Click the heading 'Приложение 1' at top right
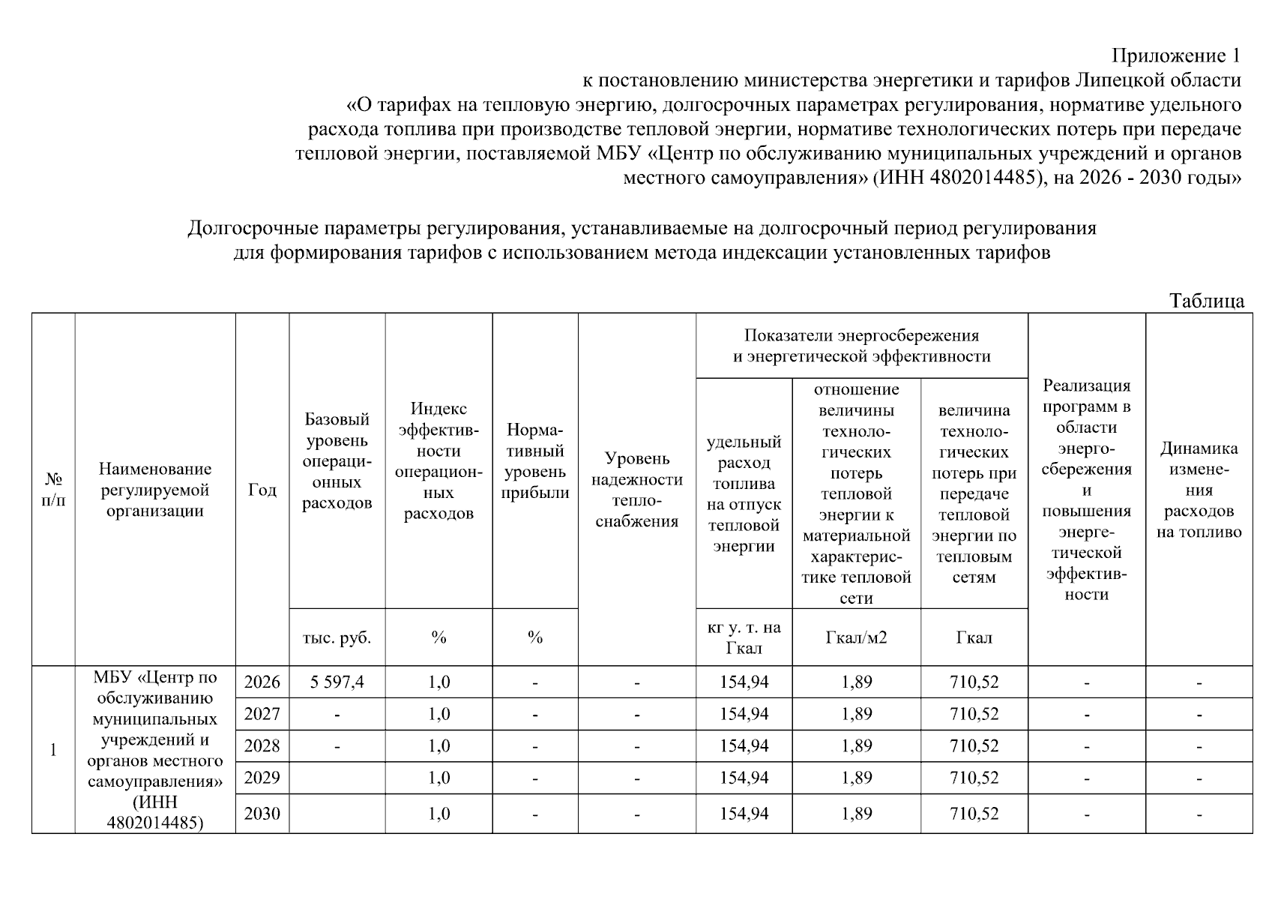(x=1176, y=55)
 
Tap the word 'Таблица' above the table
(x=1207, y=301)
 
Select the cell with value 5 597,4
(x=337, y=682)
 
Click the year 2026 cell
(x=262, y=682)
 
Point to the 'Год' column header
(x=262, y=490)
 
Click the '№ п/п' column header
(x=53, y=490)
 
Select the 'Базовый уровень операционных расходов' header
(x=337, y=461)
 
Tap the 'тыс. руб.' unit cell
(x=337, y=637)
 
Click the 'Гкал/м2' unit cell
(x=856, y=637)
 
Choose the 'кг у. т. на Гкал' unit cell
(x=744, y=637)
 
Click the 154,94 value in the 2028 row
(x=744, y=746)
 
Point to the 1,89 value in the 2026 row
(x=856, y=682)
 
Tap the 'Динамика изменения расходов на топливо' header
(x=1199, y=490)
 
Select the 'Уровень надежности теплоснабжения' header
(x=636, y=490)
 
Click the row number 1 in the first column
(x=53, y=750)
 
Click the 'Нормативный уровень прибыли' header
(x=535, y=461)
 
